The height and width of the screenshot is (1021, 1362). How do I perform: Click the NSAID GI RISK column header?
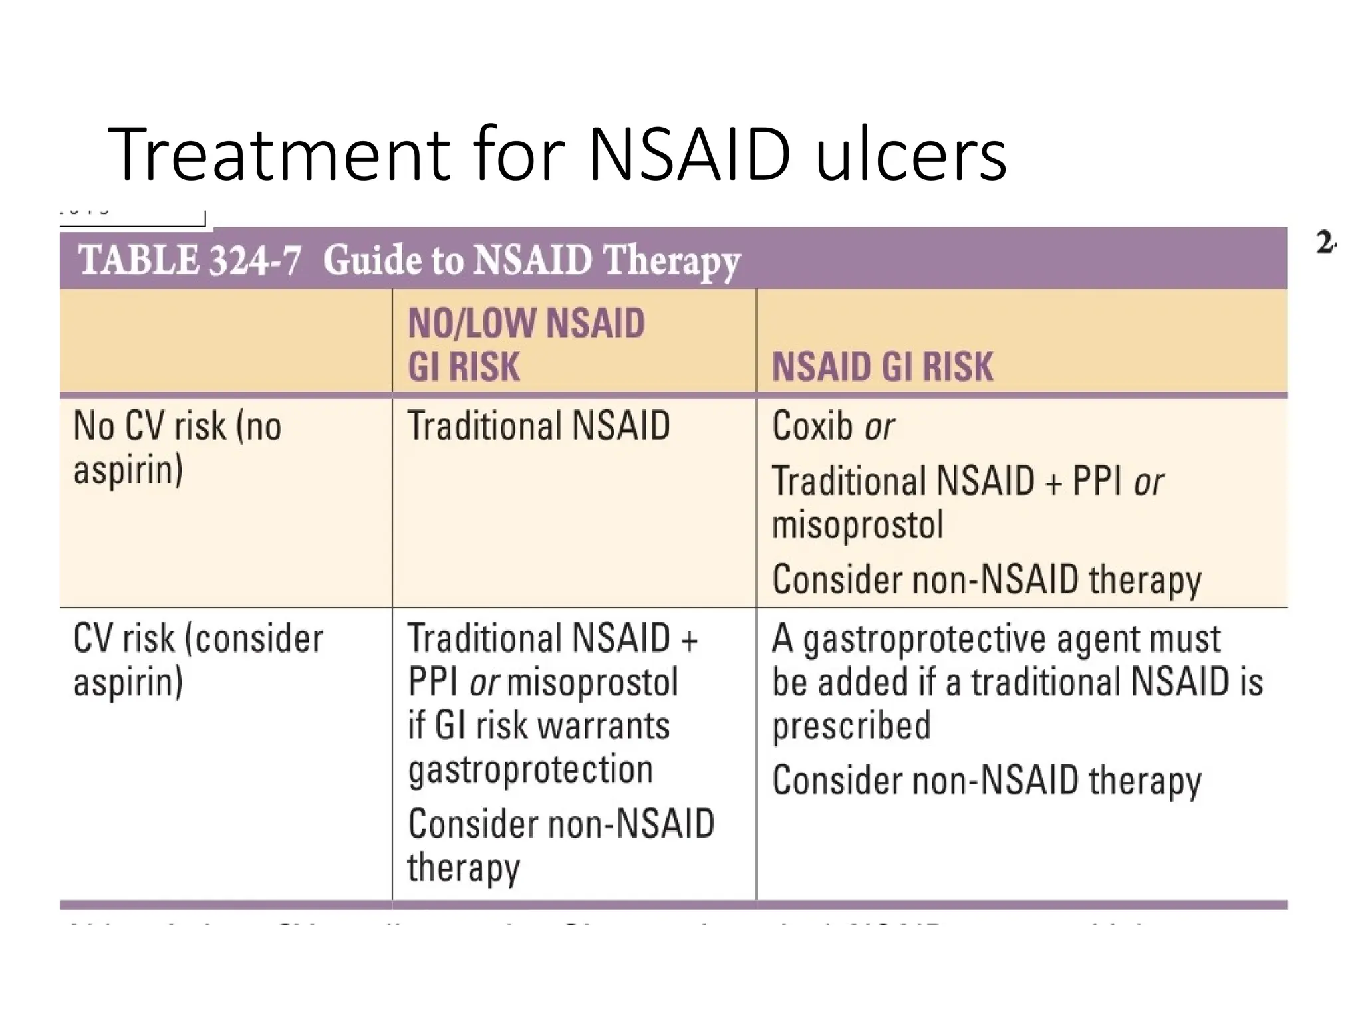[883, 366]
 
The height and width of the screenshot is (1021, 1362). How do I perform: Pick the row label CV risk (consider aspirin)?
[198, 659]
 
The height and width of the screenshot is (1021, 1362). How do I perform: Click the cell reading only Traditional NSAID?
[539, 425]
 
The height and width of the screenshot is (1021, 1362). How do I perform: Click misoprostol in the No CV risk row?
[858, 524]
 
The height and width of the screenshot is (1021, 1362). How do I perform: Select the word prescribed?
[851, 725]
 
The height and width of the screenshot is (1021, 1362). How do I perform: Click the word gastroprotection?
[531, 770]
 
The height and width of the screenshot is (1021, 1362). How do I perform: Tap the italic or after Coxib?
[879, 427]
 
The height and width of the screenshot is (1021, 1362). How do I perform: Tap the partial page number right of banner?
[1325, 243]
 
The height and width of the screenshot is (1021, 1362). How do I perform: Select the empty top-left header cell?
[225, 340]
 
